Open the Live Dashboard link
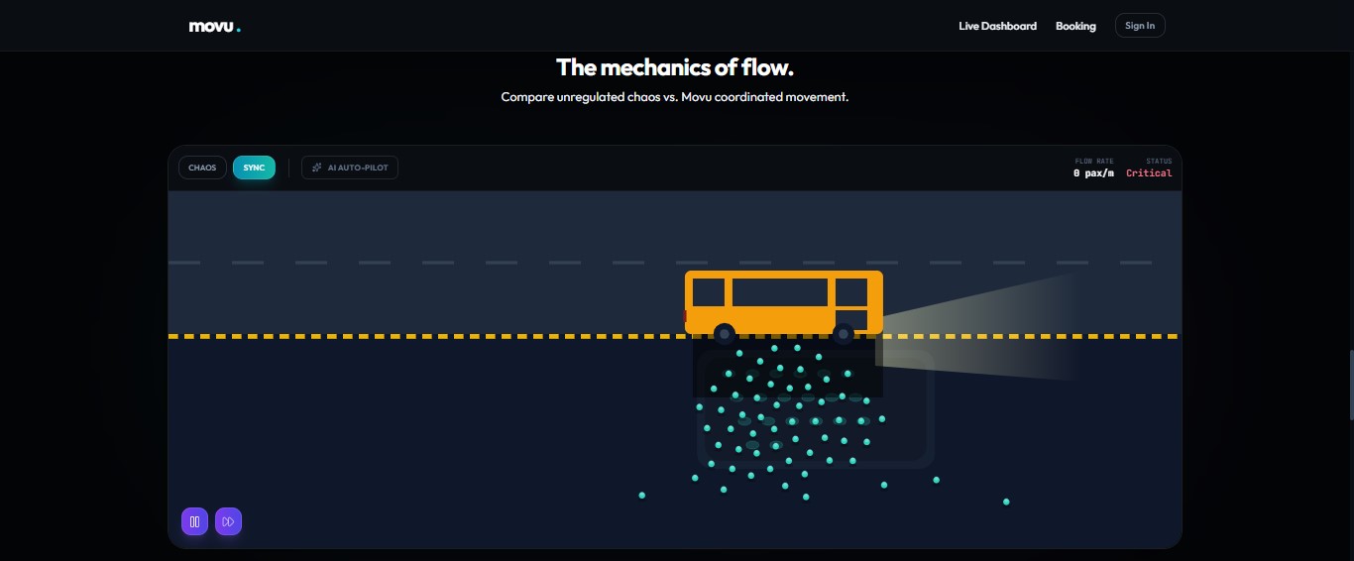click(x=997, y=26)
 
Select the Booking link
click(x=1075, y=26)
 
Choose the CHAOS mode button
click(x=202, y=168)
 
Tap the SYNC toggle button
click(x=254, y=168)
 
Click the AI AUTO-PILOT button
click(x=350, y=168)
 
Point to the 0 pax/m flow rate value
click(x=1093, y=173)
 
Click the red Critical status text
click(x=1149, y=173)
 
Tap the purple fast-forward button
click(x=228, y=521)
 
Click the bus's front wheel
click(x=844, y=333)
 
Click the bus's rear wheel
click(x=725, y=333)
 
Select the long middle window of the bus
click(x=779, y=292)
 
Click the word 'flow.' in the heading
click(x=768, y=67)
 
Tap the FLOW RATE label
click(x=1094, y=161)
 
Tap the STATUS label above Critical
click(x=1159, y=161)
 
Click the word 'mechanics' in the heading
click(x=652, y=67)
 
